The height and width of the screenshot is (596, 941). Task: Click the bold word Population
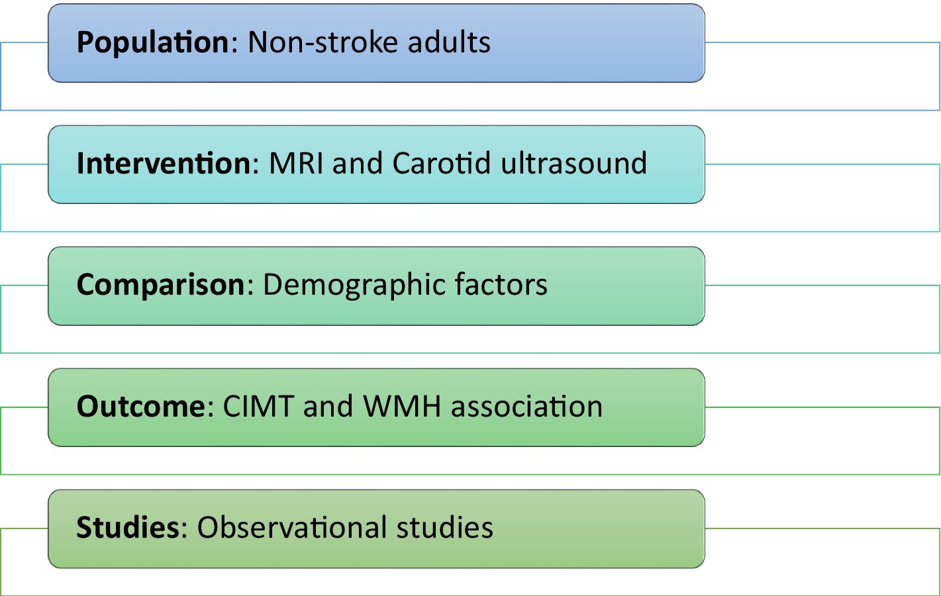(152, 42)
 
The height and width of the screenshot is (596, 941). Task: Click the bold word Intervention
(164, 163)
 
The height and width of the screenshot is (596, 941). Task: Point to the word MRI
(296, 164)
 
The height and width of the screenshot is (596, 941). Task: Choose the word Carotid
(442, 163)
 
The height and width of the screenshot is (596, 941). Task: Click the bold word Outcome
(141, 406)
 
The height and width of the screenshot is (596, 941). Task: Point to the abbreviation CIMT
(258, 406)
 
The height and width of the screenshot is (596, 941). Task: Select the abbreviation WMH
(402, 406)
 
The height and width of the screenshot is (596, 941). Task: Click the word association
(527, 406)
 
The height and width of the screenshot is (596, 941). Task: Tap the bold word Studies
(128, 527)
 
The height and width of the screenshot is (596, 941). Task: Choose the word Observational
(292, 527)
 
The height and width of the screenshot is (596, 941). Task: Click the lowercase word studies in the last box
(445, 527)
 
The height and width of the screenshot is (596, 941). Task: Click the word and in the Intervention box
(358, 164)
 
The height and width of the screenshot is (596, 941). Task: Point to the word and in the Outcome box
(328, 406)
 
